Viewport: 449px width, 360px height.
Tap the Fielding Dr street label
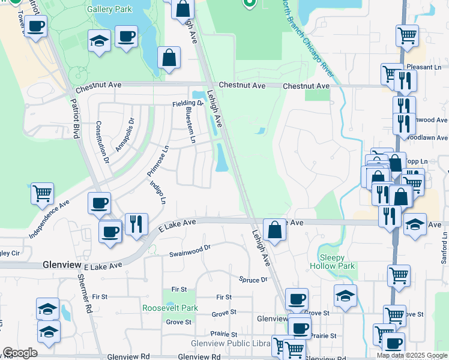188,104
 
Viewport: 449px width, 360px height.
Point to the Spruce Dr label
253,280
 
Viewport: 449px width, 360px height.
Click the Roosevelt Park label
170,308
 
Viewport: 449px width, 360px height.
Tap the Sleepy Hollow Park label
333,262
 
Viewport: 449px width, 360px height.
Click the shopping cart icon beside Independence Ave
43,194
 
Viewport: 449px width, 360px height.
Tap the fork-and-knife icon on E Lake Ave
136,224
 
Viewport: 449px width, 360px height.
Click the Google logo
20,353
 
